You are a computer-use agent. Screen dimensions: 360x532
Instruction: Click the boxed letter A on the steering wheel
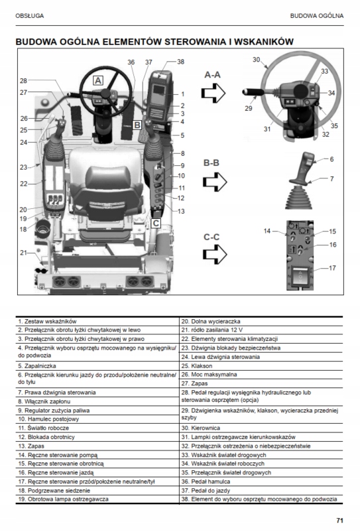(x=98, y=80)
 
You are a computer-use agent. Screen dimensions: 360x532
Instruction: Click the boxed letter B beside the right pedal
(x=137, y=125)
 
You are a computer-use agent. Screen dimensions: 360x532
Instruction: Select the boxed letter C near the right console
(x=156, y=224)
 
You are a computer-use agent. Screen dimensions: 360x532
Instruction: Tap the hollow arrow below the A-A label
(x=213, y=93)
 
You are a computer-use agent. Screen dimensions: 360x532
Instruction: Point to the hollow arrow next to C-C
(x=215, y=254)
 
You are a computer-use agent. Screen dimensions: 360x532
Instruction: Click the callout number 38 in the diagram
(x=181, y=62)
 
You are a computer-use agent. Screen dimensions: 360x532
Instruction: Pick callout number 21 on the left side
(x=23, y=253)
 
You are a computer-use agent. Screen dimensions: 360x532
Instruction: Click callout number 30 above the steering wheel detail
(x=257, y=60)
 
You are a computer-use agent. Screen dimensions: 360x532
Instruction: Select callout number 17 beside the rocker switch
(x=333, y=268)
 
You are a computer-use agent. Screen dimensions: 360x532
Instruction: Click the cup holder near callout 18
(x=42, y=228)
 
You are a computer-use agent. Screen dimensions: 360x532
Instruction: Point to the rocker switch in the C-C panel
(x=300, y=277)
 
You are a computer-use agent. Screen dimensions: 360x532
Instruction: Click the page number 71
(x=340, y=521)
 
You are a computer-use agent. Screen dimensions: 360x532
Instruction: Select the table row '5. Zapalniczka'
(x=37, y=366)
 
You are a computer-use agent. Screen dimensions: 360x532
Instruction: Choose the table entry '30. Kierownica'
(x=201, y=428)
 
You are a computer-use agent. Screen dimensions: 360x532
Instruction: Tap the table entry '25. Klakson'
(x=197, y=366)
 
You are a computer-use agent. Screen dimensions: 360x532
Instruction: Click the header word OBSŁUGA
(x=29, y=16)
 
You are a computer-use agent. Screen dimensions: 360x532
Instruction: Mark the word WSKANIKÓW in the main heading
(x=264, y=42)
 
